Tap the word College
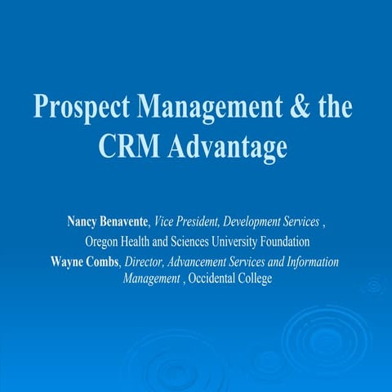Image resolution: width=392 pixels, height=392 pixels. [x=254, y=278]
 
